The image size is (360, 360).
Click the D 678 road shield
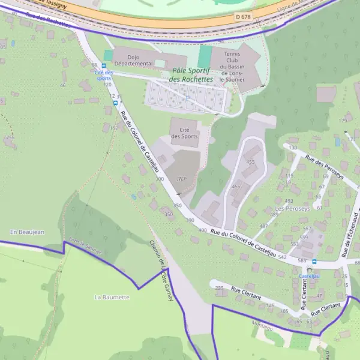tap(243, 17)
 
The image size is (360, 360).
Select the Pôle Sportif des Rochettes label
tap(191, 74)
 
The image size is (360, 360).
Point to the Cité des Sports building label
tap(184, 133)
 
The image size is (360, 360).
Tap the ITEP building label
tap(182, 179)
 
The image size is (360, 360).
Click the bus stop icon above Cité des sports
tap(103, 65)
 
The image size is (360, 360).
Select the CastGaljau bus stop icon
tap(308, 269)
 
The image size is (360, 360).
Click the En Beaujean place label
tap(27, 232)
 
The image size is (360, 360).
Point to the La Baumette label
tap(112, 297)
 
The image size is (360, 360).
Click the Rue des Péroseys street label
tap(324, 167)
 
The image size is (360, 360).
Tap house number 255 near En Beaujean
tap(10, 138)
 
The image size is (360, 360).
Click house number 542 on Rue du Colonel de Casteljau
tap(283, 257)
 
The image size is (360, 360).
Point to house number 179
tap(343, 121)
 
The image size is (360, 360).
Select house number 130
tap(293, 148)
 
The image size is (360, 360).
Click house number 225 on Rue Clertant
tap(219, 288)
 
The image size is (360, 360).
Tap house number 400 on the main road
tap(202, 230)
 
